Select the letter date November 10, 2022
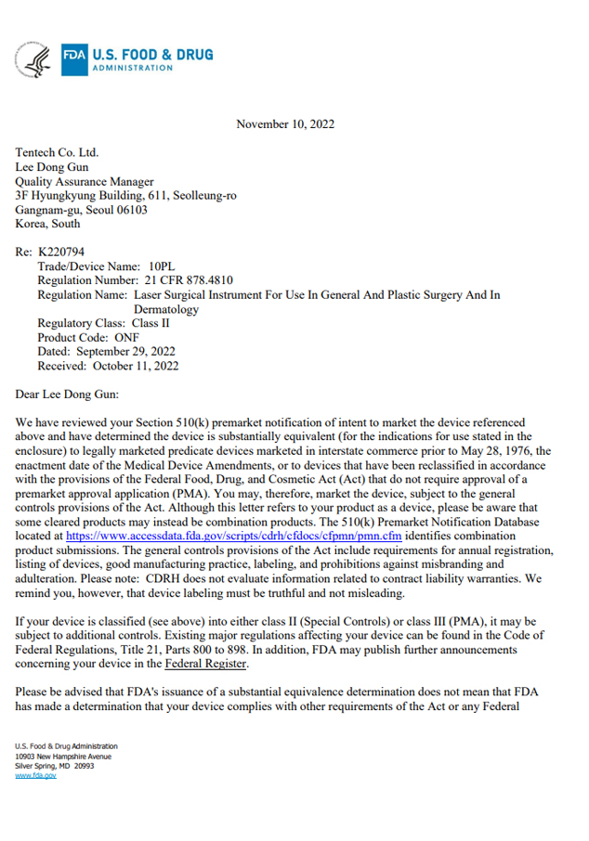[285, 124]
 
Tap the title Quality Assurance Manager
[85, 182]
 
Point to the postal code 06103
[130, 210]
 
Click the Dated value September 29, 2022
[125, 352]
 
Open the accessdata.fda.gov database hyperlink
[235, 537]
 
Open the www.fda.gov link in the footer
[35, 775]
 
